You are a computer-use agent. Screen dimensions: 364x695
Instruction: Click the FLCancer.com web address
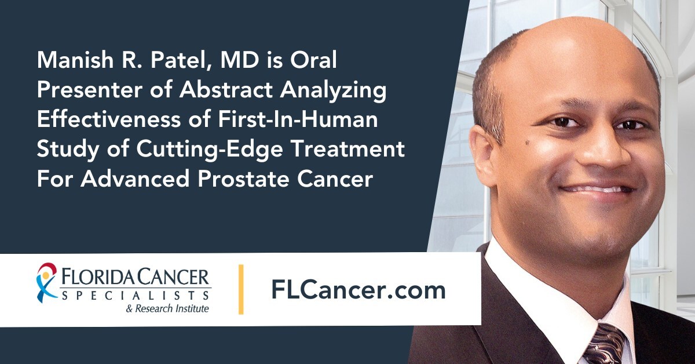pos(359,290)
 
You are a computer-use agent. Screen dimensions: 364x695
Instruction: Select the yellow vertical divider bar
pos(241,289)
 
